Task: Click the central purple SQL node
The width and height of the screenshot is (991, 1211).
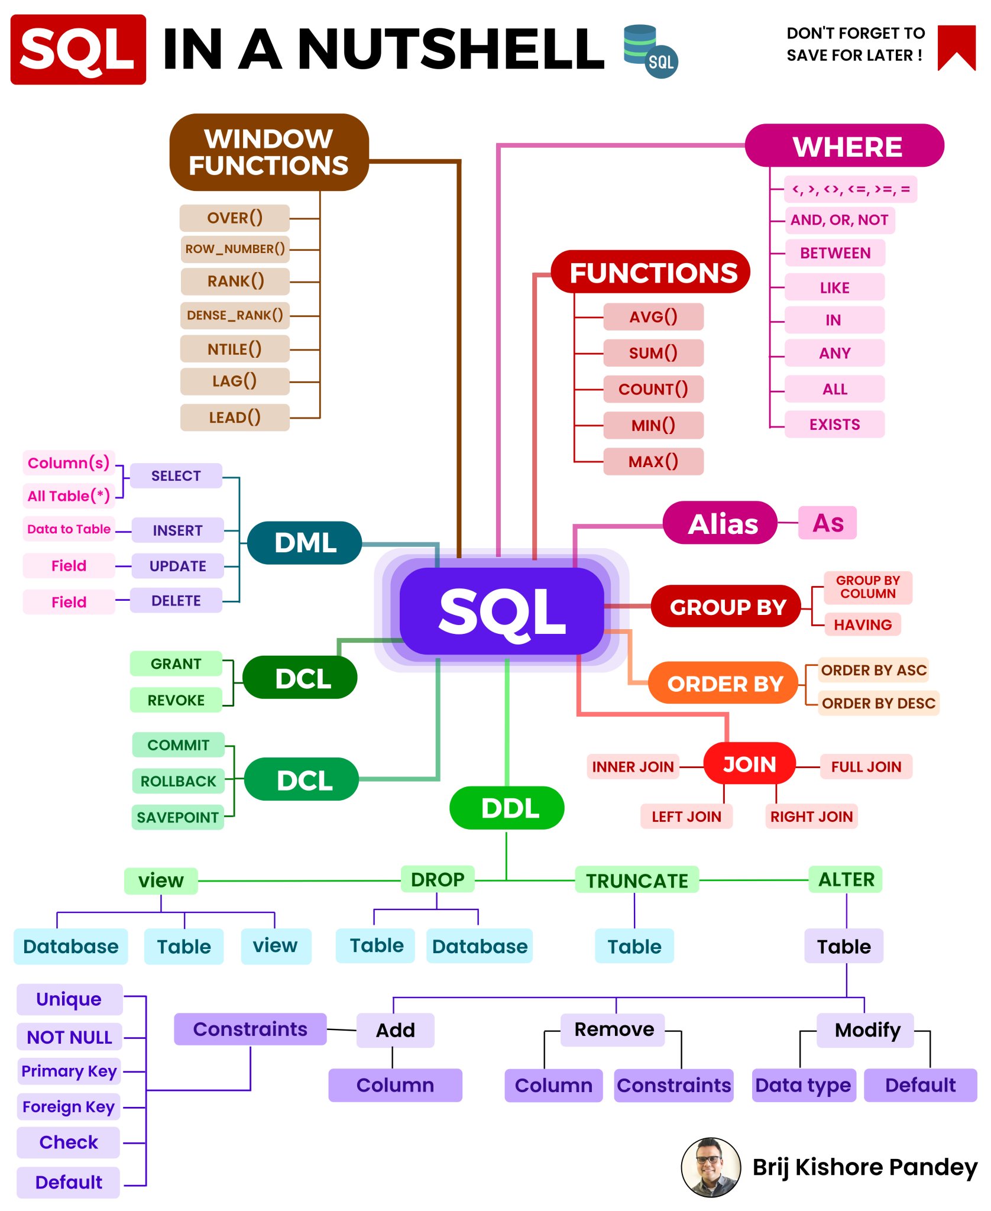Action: tap(501, 611)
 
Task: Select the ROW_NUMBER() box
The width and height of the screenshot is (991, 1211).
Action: tap(235, 249)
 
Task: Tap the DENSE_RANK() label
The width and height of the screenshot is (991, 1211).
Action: tap(235, 315)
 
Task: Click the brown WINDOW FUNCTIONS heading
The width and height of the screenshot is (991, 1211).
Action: tap(269, 152)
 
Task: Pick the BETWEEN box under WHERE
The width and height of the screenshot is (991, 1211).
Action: tap(835, 253)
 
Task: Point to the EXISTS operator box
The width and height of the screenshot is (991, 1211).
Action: tap(834, 425)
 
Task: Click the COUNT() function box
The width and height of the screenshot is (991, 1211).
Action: tap(653, 389)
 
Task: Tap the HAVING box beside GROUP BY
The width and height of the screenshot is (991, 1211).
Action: tap(862, 624)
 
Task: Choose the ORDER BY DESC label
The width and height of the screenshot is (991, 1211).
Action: tap(878, 703)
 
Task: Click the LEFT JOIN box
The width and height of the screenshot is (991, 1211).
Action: tap(686, 817)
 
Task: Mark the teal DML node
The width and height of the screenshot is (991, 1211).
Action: tap(305, 543)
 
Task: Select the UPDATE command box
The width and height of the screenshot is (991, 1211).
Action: tap(177, 566)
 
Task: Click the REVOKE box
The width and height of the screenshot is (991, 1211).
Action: tap(176, 700)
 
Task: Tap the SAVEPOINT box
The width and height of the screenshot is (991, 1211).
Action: tap(177, 817)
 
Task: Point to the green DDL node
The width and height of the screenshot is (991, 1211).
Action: tap(507, 808)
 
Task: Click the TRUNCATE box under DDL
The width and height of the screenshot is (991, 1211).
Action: tap(637, 880)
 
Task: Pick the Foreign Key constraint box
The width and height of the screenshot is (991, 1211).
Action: tap(69, 1107)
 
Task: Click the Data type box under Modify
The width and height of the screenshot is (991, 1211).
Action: tap(803, 1085)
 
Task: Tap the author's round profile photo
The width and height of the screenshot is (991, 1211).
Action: tap(711, 1167)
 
